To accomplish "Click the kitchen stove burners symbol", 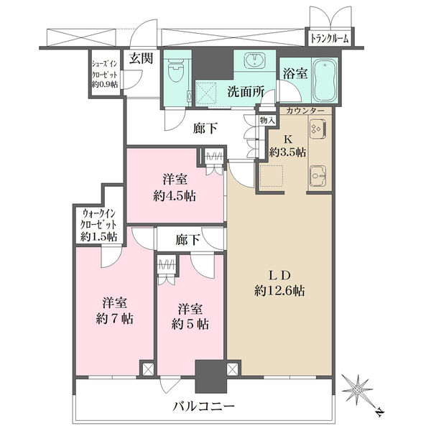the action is point(318,129).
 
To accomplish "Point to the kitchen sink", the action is point(318,176).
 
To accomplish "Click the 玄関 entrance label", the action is point(142,58).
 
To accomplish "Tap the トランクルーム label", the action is point(330,39).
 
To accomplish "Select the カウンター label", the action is point(305,111).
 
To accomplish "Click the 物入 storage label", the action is point(267,121).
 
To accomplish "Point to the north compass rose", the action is point(357,390).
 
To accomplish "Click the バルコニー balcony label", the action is point(204,406).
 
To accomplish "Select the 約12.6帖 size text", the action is point(279,290).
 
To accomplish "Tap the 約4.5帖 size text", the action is point(175,196).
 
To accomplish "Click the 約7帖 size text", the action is point(115,319).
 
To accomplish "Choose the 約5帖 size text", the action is point(190,325).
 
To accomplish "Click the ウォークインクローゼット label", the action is point(98,225).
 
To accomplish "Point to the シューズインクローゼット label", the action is point(105,74).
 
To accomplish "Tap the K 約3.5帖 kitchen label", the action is point(287,146).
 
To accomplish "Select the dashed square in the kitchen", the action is point(272,175).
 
